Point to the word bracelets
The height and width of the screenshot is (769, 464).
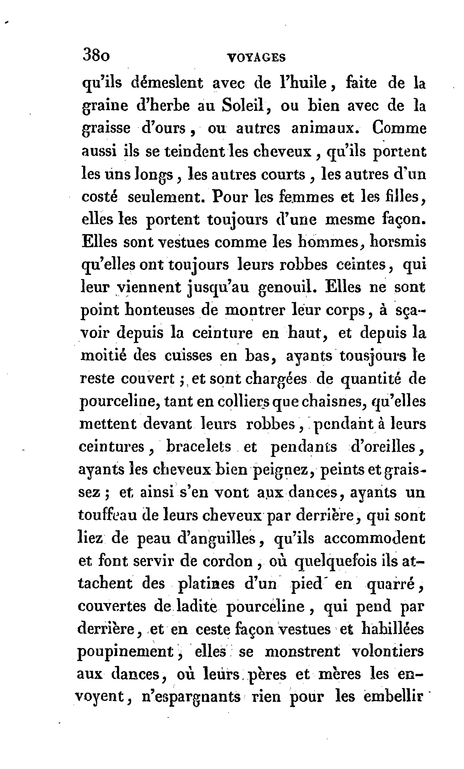(x=199, y=447)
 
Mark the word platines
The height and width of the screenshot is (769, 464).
(x=206, y=584)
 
